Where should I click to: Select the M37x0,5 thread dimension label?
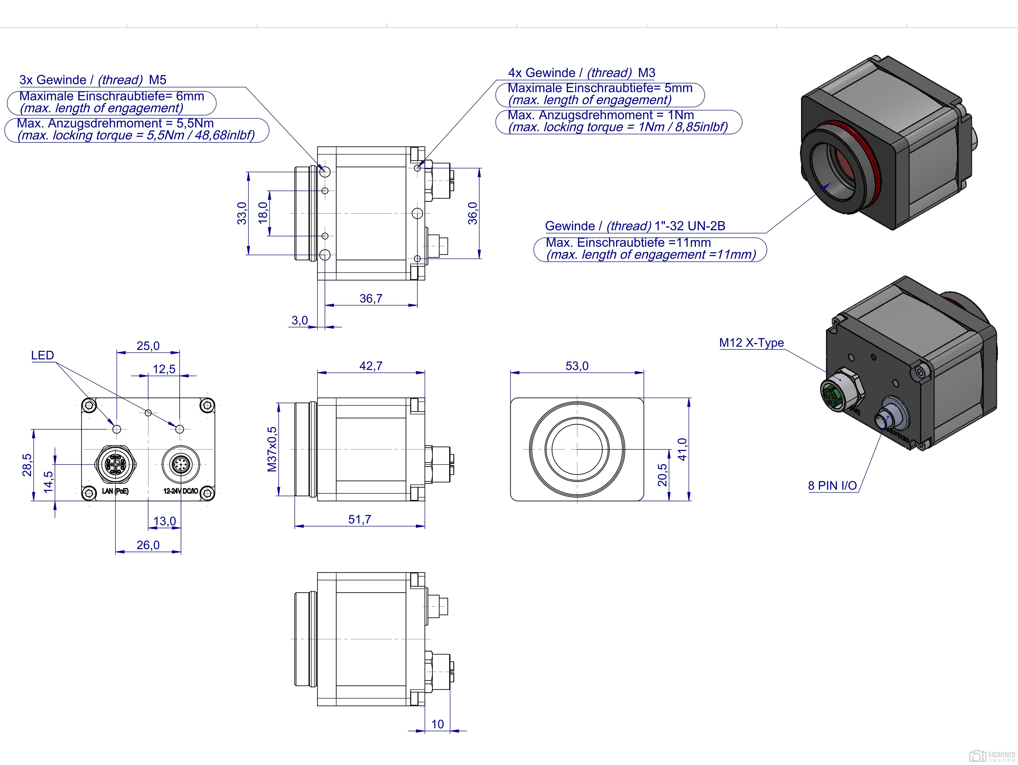(x=272, y=449)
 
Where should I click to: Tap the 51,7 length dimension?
(x=359, y=519)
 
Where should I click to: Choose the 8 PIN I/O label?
(x=832, y=485)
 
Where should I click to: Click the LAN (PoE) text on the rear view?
(x=115, y=491)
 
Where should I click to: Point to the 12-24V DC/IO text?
(x=180, y=491)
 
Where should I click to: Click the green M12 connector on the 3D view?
(x=835, y=394)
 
